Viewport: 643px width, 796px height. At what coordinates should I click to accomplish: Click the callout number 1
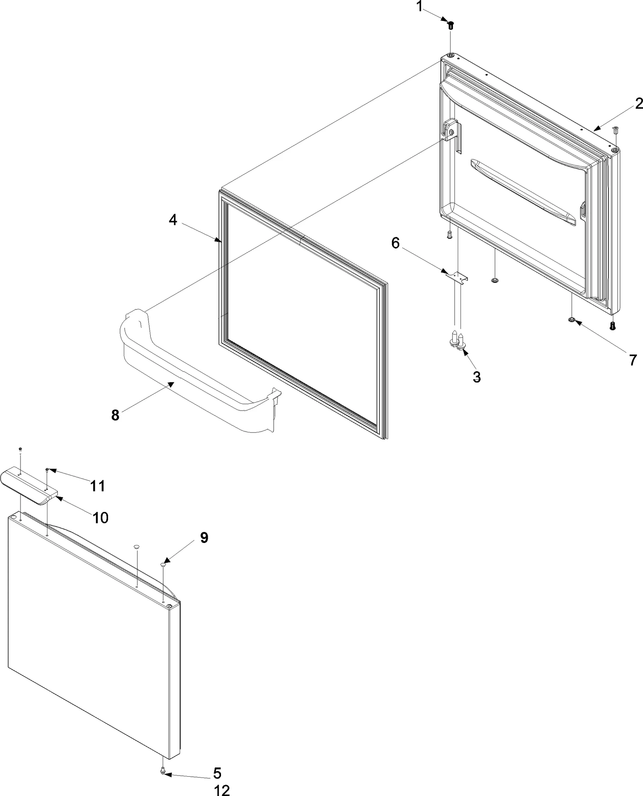tap(420, 7)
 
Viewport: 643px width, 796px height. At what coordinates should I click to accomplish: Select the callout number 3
tap(477, 377)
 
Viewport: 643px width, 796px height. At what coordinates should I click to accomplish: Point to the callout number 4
tap(173, 220)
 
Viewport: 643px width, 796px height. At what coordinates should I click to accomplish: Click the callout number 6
tap(396, 243)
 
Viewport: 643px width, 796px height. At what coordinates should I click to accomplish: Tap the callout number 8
tap(115, 415)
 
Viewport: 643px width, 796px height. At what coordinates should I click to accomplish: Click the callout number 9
tap(204, 537)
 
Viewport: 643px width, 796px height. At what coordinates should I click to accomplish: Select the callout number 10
tap(100, 517)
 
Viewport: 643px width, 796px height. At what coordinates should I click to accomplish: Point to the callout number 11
tap(97, 486)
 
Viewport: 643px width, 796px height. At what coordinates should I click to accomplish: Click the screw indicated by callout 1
tap(451, 25)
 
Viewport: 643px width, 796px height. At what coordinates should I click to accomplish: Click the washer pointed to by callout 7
tap(571, 320)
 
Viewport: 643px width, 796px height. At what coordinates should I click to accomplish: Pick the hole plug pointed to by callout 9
tap(164, 565)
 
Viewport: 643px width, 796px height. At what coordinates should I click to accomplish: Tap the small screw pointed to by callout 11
tap(47, 470)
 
